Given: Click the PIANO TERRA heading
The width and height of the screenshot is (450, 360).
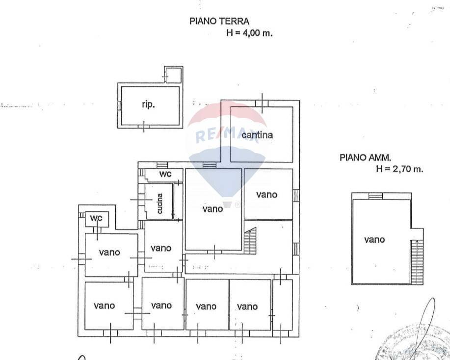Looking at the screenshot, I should click(x=219, y=21).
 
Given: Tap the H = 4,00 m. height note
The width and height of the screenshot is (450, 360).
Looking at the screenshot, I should click(x=249, y=33).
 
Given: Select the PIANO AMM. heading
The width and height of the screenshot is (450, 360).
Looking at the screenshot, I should click(x=365, y=157).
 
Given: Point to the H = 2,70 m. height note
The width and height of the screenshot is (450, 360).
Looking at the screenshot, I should click(x=399, y=169).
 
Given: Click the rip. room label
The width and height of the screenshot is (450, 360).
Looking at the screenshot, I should click(x=149, y=105).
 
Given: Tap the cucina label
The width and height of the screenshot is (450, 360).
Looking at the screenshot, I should click(x=160, y=204).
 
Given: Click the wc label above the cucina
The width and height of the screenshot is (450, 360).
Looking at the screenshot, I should click(x=164, y=174).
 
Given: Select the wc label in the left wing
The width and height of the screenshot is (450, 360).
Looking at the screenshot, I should click(x=95, y=218).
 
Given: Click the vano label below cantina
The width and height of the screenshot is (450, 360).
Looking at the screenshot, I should click(x=266, y=195).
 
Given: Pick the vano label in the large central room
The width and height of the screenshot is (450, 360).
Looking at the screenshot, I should click(x=212, y=209).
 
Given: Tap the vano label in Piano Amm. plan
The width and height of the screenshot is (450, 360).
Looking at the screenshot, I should click(x=374, y=240).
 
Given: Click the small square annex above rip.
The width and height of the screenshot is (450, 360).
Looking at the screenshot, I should click(x=173, y=76).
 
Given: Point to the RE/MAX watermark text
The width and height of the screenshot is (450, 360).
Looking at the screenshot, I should click(x=227, y=135).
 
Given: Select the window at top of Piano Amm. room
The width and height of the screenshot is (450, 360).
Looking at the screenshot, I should click(x=375, y=196).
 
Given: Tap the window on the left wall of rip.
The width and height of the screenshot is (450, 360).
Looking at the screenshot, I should click(x=119, y=105).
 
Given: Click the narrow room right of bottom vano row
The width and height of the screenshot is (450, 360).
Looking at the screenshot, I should click(x=282, y=305).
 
